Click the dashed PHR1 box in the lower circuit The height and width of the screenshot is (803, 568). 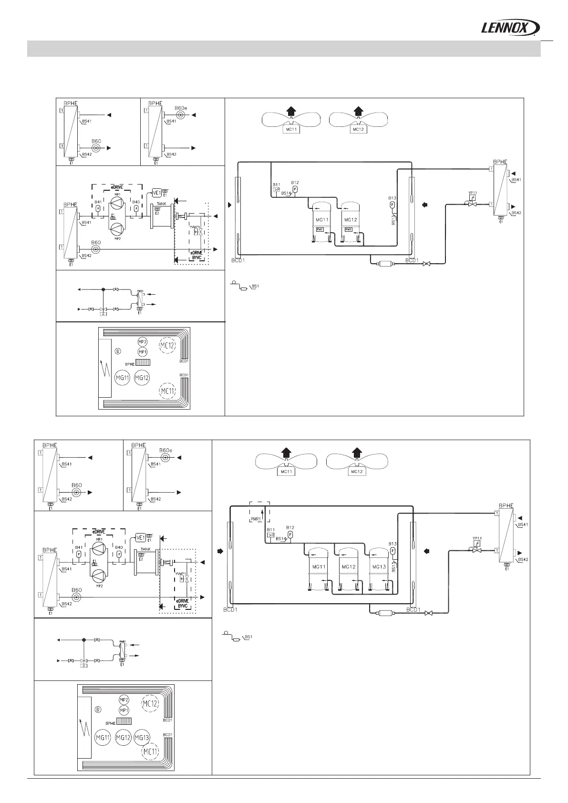[259, 513]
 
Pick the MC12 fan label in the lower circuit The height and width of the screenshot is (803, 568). [356, 472]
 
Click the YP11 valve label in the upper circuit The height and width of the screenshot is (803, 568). [473, 193]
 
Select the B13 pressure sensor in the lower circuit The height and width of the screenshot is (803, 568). [392, 551]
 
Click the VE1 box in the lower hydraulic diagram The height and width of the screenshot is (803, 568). [141, 537]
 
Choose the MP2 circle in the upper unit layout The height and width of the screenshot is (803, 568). [142, 342]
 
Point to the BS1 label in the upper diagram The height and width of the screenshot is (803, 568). [255, 286]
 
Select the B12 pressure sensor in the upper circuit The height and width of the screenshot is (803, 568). [295, 189]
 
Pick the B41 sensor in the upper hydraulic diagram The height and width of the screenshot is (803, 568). [98, 208]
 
